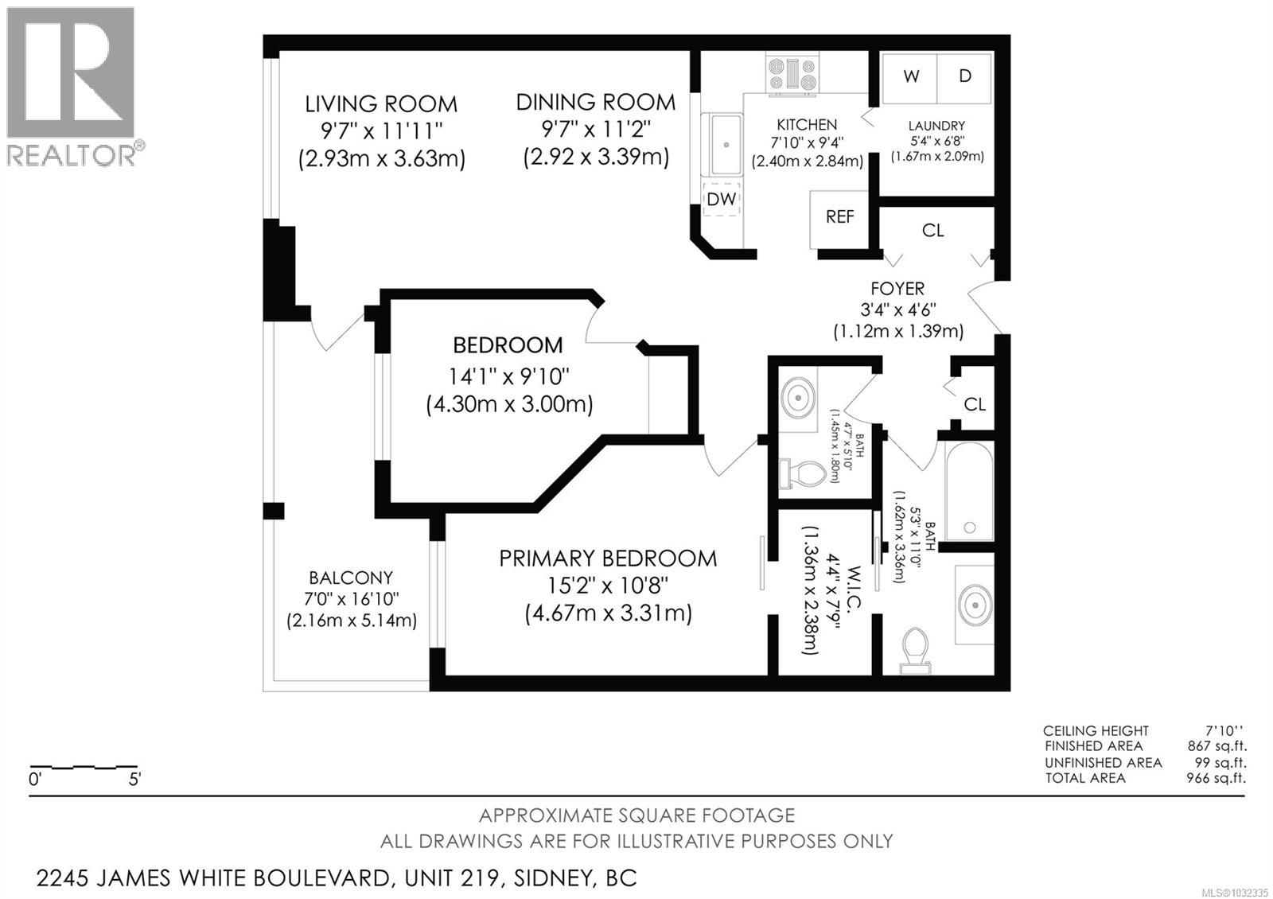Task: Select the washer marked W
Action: point(910,76)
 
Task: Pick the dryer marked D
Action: point(964,76)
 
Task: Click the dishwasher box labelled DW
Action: point(722,199)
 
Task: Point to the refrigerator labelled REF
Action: point(839,217)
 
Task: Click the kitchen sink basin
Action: point(726,144)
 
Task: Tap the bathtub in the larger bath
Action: point(968,491)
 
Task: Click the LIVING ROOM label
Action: point(381,104)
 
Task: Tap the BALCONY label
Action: point(351,578)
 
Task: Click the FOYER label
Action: point(897,289)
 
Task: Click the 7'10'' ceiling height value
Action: point(1224,730)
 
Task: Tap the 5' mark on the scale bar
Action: point(134,780)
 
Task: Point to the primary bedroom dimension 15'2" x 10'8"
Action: point(607,586)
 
